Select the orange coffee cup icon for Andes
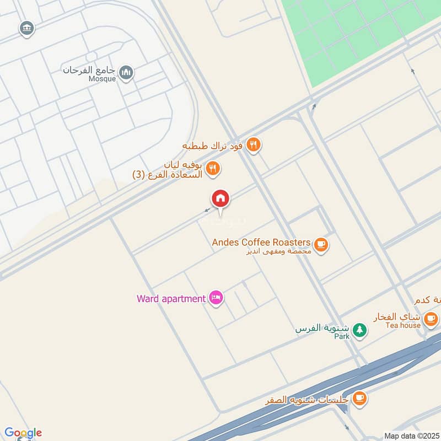pyautogui.click(x=321, y=244)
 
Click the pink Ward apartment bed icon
pyautogui.click(x=216, y=298)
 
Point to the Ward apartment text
pyautogui.click(x=171, y=299)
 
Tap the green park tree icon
pyautogui.click(x=359, y=330)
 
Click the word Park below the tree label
pyautogui.click(x=342, y=336)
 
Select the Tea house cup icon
pyautogui.click(x=431, y=318)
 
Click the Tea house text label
pyautogui.click(x=403, y=325)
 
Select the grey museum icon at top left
pyautogui.click(x=26, y=28)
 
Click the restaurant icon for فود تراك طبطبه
pyautogui.click(x=253, y=145)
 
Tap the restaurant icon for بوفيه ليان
pyautogui.click(x=213, y=168)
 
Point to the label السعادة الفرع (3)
pyautogui.click(x=168, y=175)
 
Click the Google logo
pyautogui.click(x=23, y=432)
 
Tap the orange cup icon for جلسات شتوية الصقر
pyautogui.click(x=359, y=397)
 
